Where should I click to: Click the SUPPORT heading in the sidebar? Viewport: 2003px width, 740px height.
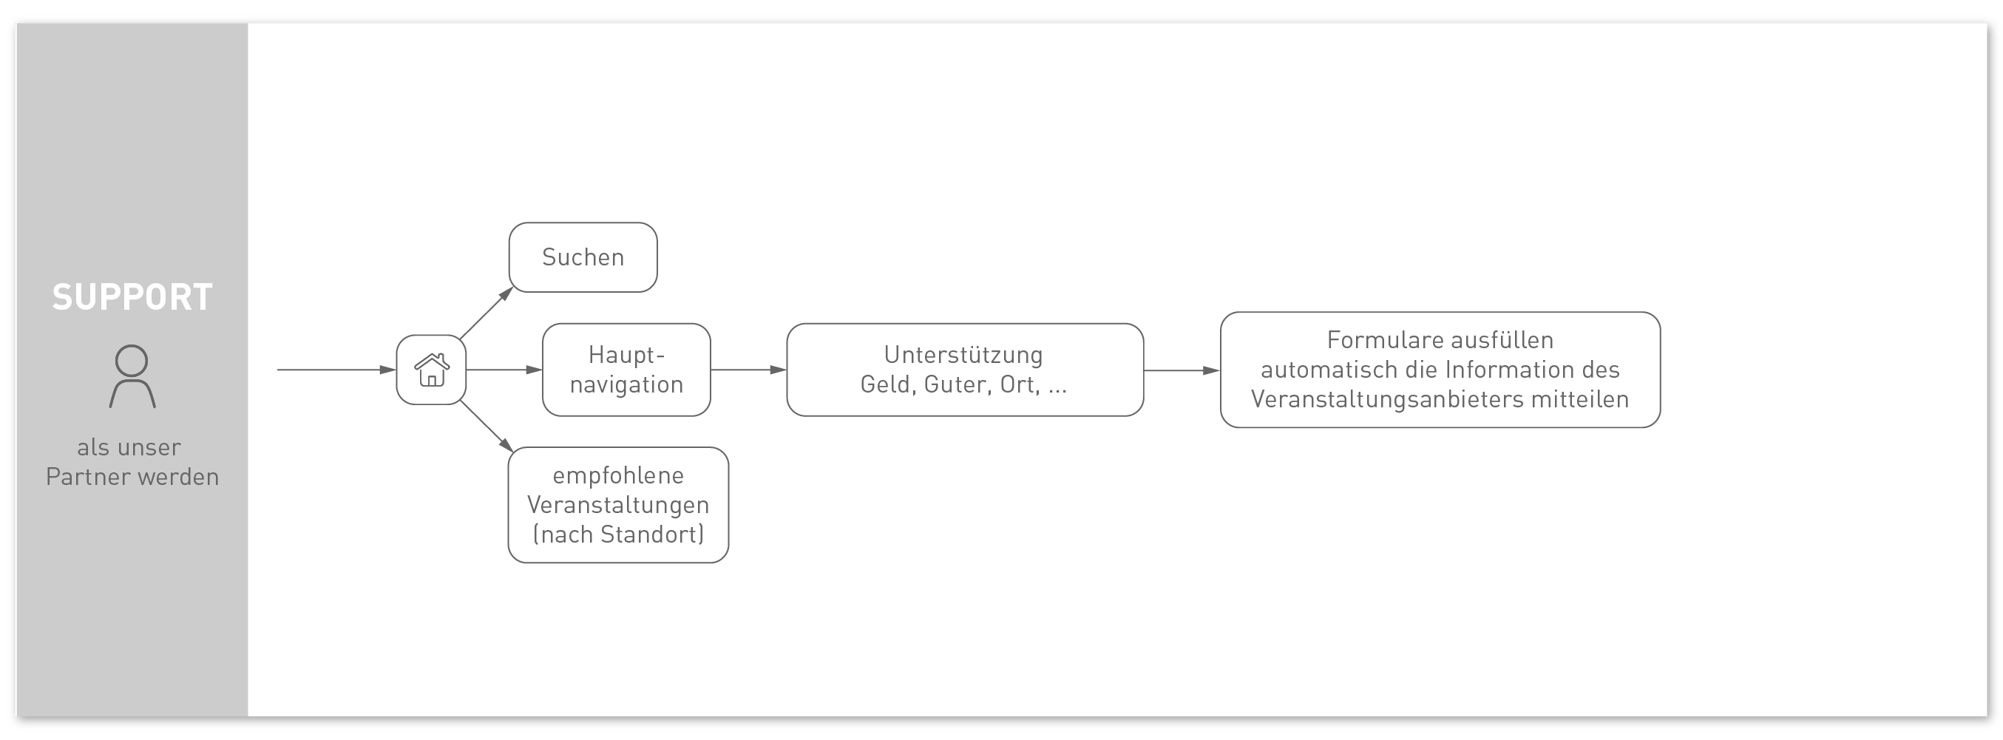(x=132, y=297)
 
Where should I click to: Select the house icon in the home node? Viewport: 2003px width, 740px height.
(x=432, y=370)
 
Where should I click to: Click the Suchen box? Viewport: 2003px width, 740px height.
(x=583, y=257)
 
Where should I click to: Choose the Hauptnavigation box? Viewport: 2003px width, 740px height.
(x=626, y=370)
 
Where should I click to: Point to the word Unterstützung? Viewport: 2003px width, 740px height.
(x=963, y=354)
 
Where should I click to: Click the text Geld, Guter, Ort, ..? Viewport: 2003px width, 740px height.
(x=950, y=384)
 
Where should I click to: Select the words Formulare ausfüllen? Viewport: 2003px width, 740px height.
(x=1440, y=339)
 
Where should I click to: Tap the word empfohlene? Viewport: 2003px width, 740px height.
(x=618, y=475)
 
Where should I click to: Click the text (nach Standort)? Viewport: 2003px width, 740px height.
(x=618, y=534)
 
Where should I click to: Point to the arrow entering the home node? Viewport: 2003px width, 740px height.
(x=336, y=370)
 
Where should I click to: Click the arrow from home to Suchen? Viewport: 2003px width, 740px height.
(x=487, y=313)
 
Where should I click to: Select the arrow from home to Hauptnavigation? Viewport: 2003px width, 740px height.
(x=504, y=370)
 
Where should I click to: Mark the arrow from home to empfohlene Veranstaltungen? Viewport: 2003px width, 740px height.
(x=487, y=426)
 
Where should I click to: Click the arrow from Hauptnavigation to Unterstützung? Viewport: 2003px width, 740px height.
(x=749, y=370)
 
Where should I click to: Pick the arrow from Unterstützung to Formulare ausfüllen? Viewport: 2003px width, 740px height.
(x=1182, y=371)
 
